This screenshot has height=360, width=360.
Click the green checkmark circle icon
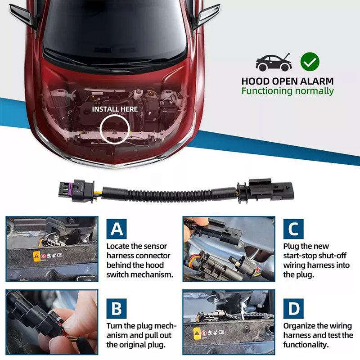click(310, 62)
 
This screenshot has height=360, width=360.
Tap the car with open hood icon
click(274, 62)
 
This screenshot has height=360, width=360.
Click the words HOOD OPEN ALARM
click(288, 81)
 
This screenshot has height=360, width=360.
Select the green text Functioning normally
click(288, 91)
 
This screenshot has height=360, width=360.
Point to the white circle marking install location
click(114, 128)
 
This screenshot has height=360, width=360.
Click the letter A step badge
click(117, 229)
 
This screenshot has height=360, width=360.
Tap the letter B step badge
click(117, 308)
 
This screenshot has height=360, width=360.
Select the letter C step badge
click(293, 229)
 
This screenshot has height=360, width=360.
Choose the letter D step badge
click(293, 308)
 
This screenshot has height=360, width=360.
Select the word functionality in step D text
click(306, 345)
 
